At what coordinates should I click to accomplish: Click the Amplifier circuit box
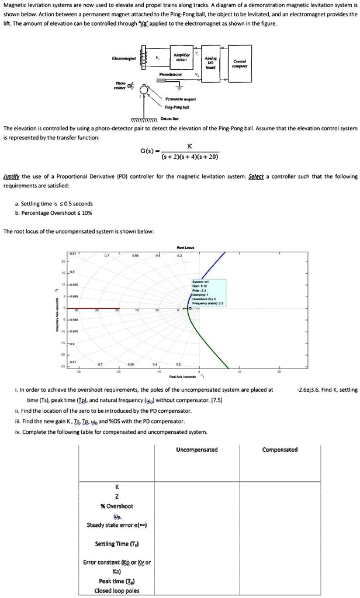point(181,58)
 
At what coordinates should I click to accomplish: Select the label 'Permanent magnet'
point(181,100)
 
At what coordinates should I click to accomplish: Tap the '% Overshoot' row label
point(117,506)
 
